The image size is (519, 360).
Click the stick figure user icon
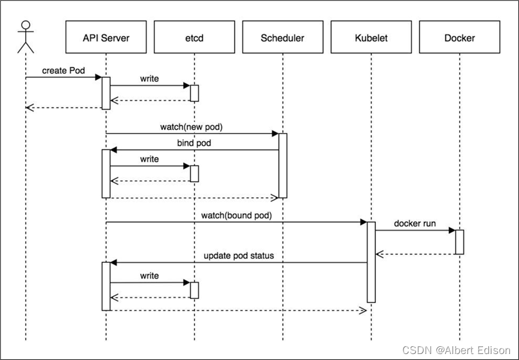pos(26,37)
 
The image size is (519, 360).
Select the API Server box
pos(106,37)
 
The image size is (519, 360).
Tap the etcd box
pos(195,37)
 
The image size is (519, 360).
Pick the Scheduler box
pos(283,37)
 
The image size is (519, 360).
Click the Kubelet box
pos(371,37)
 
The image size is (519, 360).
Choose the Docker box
pos(459,37)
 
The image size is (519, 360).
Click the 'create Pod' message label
pos(63,71)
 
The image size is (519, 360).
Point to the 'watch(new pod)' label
pos(192,127)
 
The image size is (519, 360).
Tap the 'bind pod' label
pos(194,143)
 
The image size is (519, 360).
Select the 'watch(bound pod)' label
pos(236,216)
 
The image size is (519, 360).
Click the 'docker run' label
pos(415,223)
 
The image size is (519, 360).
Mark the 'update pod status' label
pos(239,256)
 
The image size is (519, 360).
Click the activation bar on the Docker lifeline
pos(459,242)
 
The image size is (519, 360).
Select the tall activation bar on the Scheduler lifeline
pos(283,165)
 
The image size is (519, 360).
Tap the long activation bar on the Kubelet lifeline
pos(371,262)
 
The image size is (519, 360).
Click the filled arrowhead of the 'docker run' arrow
pos(452,230)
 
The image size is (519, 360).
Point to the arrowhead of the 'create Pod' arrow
pos(98,77)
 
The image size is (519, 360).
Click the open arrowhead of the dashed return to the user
pos(29,108)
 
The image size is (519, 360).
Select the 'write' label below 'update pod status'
pos(149,276)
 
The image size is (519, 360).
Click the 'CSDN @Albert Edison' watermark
pos(456,350)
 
